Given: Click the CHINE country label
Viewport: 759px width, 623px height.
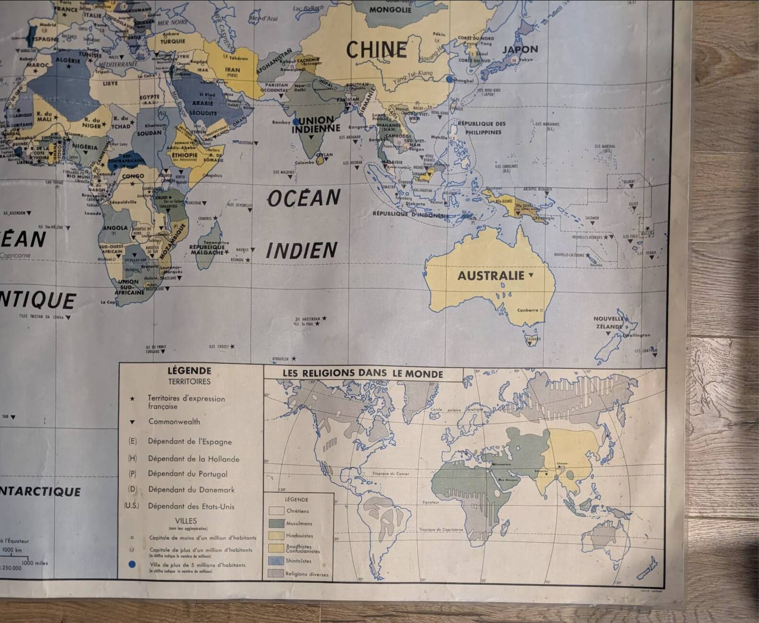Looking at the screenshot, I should coord(377,50).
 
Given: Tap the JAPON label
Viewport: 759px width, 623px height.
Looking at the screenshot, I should coord(520,49).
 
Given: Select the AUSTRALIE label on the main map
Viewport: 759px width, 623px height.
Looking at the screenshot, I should coord(491,276).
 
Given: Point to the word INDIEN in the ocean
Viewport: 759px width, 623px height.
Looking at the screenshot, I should coord(302,251).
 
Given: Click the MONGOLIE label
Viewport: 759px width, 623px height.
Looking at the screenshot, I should coord(391,10).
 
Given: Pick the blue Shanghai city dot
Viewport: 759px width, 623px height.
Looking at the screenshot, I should coord(449,80).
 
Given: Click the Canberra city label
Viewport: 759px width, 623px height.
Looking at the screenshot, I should coord(528,310).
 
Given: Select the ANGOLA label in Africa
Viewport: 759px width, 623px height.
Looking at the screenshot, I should coord(115,228).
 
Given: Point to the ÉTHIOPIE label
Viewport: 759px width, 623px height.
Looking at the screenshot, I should coord(185,155).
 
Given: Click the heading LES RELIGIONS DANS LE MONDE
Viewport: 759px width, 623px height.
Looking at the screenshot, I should coord(363,373).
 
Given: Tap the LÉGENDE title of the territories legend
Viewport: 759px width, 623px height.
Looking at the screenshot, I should coord(189,370).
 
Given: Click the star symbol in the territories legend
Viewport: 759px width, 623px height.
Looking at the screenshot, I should coord(132,399).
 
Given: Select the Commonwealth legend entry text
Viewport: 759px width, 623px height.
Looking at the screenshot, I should coord(174,422).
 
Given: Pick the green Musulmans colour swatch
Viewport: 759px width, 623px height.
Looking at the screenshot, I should coord(276,523).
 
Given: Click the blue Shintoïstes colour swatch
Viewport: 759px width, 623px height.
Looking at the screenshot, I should coord(276,561).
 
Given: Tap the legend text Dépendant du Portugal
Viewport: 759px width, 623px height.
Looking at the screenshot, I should coord(187,474).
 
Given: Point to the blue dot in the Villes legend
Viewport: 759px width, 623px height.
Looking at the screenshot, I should coord(132,565).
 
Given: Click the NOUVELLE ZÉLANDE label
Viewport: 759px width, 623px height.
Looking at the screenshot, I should coord(609,323).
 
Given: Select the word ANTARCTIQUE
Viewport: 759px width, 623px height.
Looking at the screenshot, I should coord(40,492).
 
